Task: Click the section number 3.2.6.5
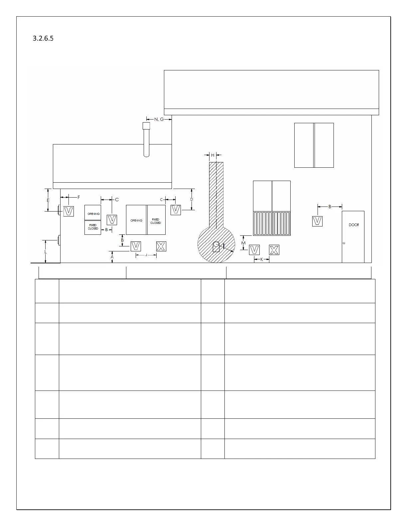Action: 43,39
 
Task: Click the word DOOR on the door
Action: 354,225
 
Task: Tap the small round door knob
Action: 344,243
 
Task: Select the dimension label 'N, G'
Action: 159,119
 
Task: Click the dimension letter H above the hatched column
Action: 213,155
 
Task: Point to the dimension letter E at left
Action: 48,200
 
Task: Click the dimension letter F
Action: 79,197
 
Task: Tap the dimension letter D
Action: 192,199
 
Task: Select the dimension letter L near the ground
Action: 46,252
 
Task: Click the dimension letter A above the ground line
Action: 112,257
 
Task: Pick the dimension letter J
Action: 146,255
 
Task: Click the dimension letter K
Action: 261,259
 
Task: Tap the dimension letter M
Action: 243,243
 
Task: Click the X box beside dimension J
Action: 161,246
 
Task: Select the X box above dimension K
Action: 274,250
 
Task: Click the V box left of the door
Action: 318,221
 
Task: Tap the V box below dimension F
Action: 68,211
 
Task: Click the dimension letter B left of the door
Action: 330,207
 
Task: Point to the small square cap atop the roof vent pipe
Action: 146,126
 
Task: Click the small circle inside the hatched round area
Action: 216,244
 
